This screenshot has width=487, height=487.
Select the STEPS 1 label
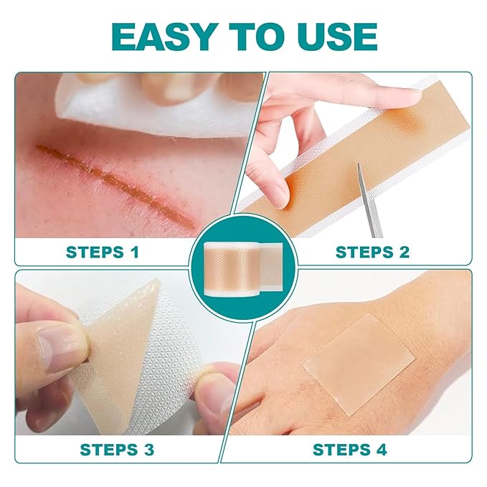[x=103, y=252]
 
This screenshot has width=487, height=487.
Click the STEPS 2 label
[x=372, y=252]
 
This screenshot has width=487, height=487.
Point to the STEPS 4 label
[x=349, y=450]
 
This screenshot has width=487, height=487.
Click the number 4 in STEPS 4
[x=381, y=450]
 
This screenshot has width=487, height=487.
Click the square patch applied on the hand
[x=358, y=363]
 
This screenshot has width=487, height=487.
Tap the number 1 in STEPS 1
[x=134, y=252]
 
